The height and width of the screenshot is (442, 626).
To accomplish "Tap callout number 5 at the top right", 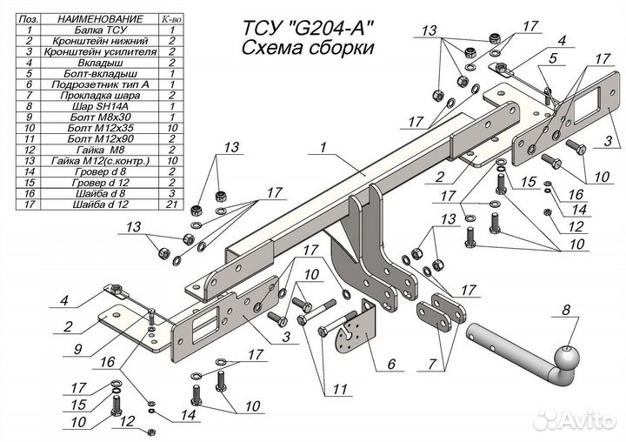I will pyautogui.click(x=551, y=60).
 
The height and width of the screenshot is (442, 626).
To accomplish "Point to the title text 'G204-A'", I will pyautogui.click(x=336, y=27).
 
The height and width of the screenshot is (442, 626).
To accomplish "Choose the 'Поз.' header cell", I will pyautogui.click(x=29, y=18).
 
